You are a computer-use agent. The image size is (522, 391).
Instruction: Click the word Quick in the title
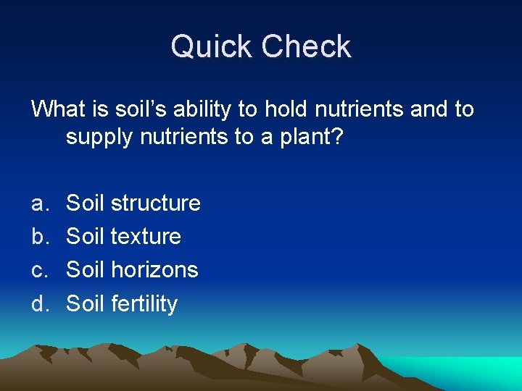click(212, 47)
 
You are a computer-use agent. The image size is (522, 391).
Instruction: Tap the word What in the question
click(58, 109)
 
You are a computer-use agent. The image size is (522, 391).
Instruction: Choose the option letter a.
click(38, 203)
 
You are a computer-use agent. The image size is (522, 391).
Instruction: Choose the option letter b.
click(38, 236)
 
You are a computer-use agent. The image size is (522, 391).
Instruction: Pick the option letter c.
click(38, 270)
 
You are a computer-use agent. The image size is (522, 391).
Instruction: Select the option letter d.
click(38, 303)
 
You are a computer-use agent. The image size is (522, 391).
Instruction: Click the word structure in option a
click(155, 203)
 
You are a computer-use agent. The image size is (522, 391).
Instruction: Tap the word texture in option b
click(146, 236)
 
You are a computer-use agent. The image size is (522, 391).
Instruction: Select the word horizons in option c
click(154, 270)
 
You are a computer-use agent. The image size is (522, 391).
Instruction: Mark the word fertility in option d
click(144, 303)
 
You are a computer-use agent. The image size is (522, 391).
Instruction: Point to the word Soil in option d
click(86, 303)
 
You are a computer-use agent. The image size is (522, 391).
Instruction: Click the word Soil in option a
click(86, 203)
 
